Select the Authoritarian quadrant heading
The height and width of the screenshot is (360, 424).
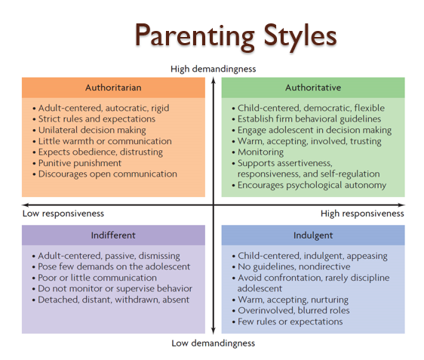113,88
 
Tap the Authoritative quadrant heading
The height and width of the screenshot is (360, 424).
312,88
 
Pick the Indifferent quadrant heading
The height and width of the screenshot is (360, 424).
113,235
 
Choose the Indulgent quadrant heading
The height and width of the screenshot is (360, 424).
312,235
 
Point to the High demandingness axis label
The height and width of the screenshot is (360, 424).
214,69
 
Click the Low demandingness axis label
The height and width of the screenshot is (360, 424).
214,343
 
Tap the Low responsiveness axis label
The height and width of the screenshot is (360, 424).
63,214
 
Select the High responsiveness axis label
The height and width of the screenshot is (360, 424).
362,214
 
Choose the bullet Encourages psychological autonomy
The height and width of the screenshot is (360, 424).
312,185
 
